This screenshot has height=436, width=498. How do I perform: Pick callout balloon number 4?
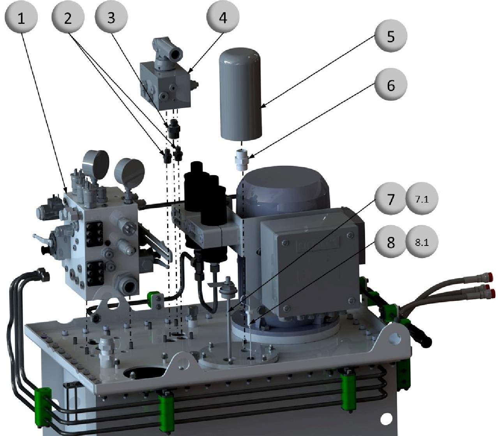click(x=223, y=17)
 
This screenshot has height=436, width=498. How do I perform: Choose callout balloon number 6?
click(x=391, y=84)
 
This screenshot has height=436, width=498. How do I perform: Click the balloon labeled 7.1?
click(x=422, y=199)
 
